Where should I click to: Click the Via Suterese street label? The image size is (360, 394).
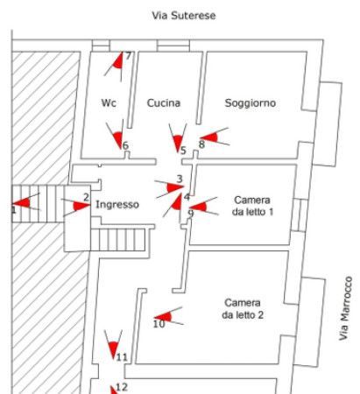pos(184,15)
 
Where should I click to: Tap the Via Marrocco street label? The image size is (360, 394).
pos(346,308)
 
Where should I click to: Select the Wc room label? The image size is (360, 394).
pos(109,102)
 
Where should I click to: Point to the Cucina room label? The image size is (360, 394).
pos(164,102)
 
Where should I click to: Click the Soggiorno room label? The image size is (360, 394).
pos(251,102)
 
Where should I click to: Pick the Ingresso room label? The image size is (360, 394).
pos(117,204)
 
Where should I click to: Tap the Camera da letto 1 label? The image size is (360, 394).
pos(252,206)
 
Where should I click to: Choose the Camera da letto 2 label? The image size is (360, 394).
pos(243,309)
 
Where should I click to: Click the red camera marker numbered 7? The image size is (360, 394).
pos(116,62)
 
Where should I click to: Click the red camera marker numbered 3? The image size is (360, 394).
pos(173,187)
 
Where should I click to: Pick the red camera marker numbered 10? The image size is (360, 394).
pos(166,317)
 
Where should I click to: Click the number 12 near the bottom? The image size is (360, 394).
pos(122,387)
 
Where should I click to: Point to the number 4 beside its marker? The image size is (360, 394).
pos(187,197)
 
